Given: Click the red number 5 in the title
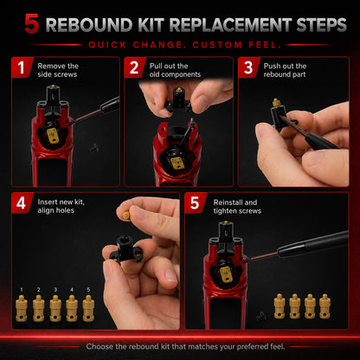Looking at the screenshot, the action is (31, 23).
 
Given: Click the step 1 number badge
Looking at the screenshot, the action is (22, 67).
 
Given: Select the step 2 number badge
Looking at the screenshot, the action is (134, 67).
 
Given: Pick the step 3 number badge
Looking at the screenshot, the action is (248, 67).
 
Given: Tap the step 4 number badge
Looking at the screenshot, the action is (22, 202).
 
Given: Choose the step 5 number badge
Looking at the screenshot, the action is (195, 202).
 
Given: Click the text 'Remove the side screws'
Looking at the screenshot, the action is (58, 70).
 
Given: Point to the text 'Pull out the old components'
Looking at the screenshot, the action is (175, 70).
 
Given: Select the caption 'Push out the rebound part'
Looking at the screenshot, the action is (285, 70).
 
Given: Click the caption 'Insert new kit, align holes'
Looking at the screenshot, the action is (61, 206).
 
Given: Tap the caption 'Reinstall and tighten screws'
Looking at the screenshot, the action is (237, 207).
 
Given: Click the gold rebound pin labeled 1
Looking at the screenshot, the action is (22, 308).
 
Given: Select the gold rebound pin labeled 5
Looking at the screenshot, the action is (88, 308).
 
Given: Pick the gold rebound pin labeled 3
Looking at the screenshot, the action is (55, 308).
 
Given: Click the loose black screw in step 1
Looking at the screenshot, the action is (93, 147).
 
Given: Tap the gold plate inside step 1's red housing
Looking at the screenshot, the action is (53, 135).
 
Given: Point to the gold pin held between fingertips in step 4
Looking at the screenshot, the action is (126, 215).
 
